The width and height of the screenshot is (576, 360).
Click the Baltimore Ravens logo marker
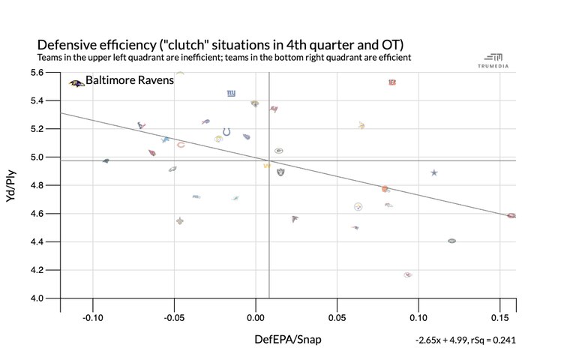tap(76, 83)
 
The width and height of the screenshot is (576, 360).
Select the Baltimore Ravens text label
tap(130, 79)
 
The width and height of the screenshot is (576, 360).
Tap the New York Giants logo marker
tap(231, 94)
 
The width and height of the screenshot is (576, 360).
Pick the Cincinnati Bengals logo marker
tap(392, 82)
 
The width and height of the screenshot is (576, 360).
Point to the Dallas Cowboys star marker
tap(433, 173)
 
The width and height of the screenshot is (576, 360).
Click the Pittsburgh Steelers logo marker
tap(358, 206)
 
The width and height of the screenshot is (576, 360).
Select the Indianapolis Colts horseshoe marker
tap(226, 133)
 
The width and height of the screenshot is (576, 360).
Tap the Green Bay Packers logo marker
tap(278, 151)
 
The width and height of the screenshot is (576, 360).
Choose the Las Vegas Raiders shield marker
tap(280, 172)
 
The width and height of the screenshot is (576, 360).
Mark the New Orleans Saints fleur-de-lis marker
tap(180, 221)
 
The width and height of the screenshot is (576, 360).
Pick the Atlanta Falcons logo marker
tap(295, 219)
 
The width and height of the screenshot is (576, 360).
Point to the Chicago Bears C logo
tap(181, 145)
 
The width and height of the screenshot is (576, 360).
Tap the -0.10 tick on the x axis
tap(93, 308)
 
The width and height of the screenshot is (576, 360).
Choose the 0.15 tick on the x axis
tap(498, 308)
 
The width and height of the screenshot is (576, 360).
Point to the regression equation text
tap(466, 340)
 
